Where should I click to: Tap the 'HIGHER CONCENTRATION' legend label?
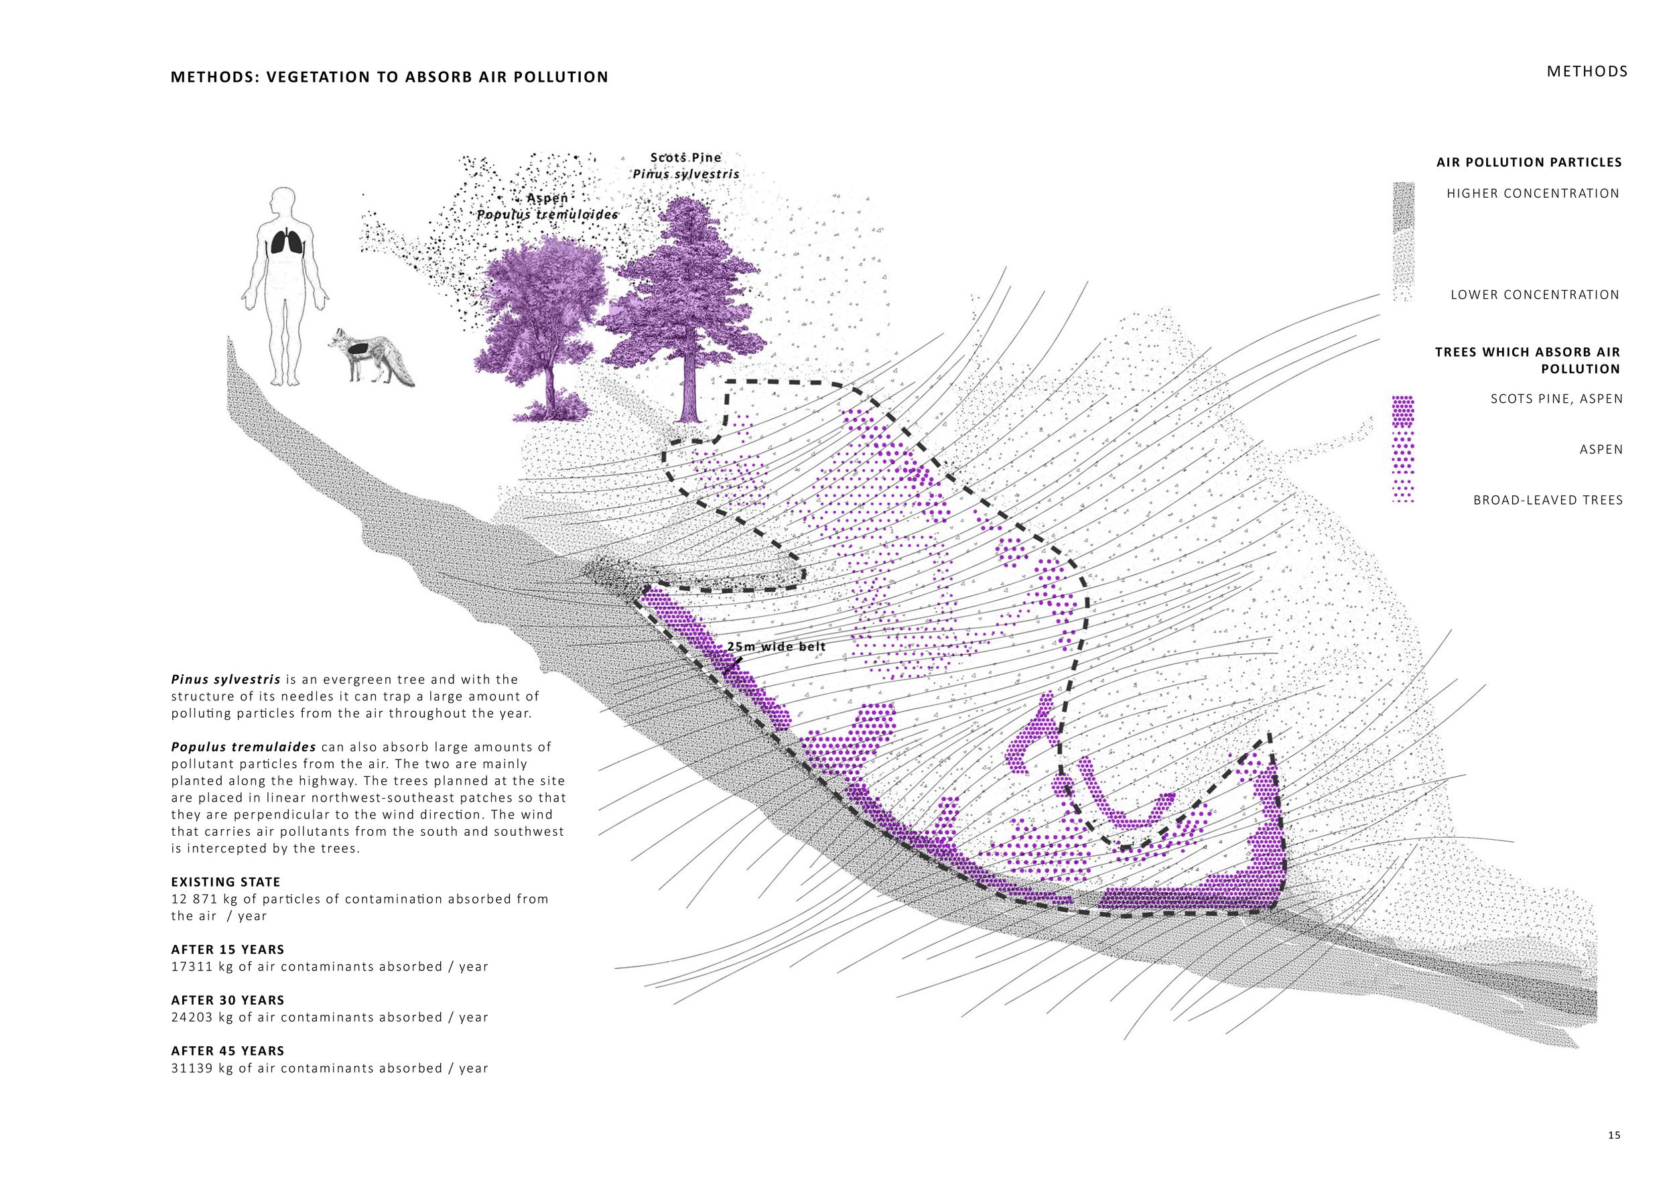1533,193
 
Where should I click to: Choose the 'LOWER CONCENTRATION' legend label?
1535,295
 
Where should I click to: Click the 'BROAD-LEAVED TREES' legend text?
1548,500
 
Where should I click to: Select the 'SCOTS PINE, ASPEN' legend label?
1556,399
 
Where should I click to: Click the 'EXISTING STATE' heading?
225,882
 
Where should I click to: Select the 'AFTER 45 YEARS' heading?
228,1051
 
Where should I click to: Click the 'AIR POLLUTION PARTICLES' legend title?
1529,162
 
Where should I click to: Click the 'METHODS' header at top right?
1587,72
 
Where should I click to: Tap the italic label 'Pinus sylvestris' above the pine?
686,174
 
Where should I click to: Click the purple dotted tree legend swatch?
1403,449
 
